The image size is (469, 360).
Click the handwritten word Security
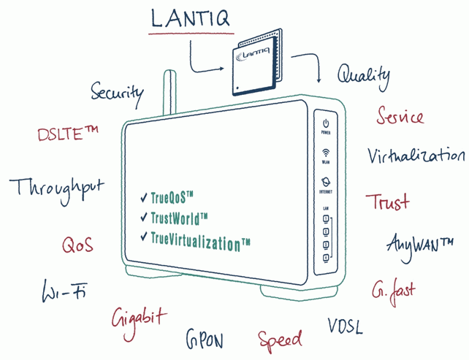[117, 93]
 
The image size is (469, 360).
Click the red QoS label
[77, 245]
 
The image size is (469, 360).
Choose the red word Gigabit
[139, 318]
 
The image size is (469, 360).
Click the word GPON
[204, 340]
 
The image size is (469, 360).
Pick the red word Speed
[280, 339]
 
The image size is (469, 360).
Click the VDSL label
[344, 325]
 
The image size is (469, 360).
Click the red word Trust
[387, 202]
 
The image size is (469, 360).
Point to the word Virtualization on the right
[416, 156]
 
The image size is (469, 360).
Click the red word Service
[400, 115]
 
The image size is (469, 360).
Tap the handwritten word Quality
[363, 74]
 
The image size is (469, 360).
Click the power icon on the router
[326, 125]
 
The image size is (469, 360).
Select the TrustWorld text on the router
[179, 217]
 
